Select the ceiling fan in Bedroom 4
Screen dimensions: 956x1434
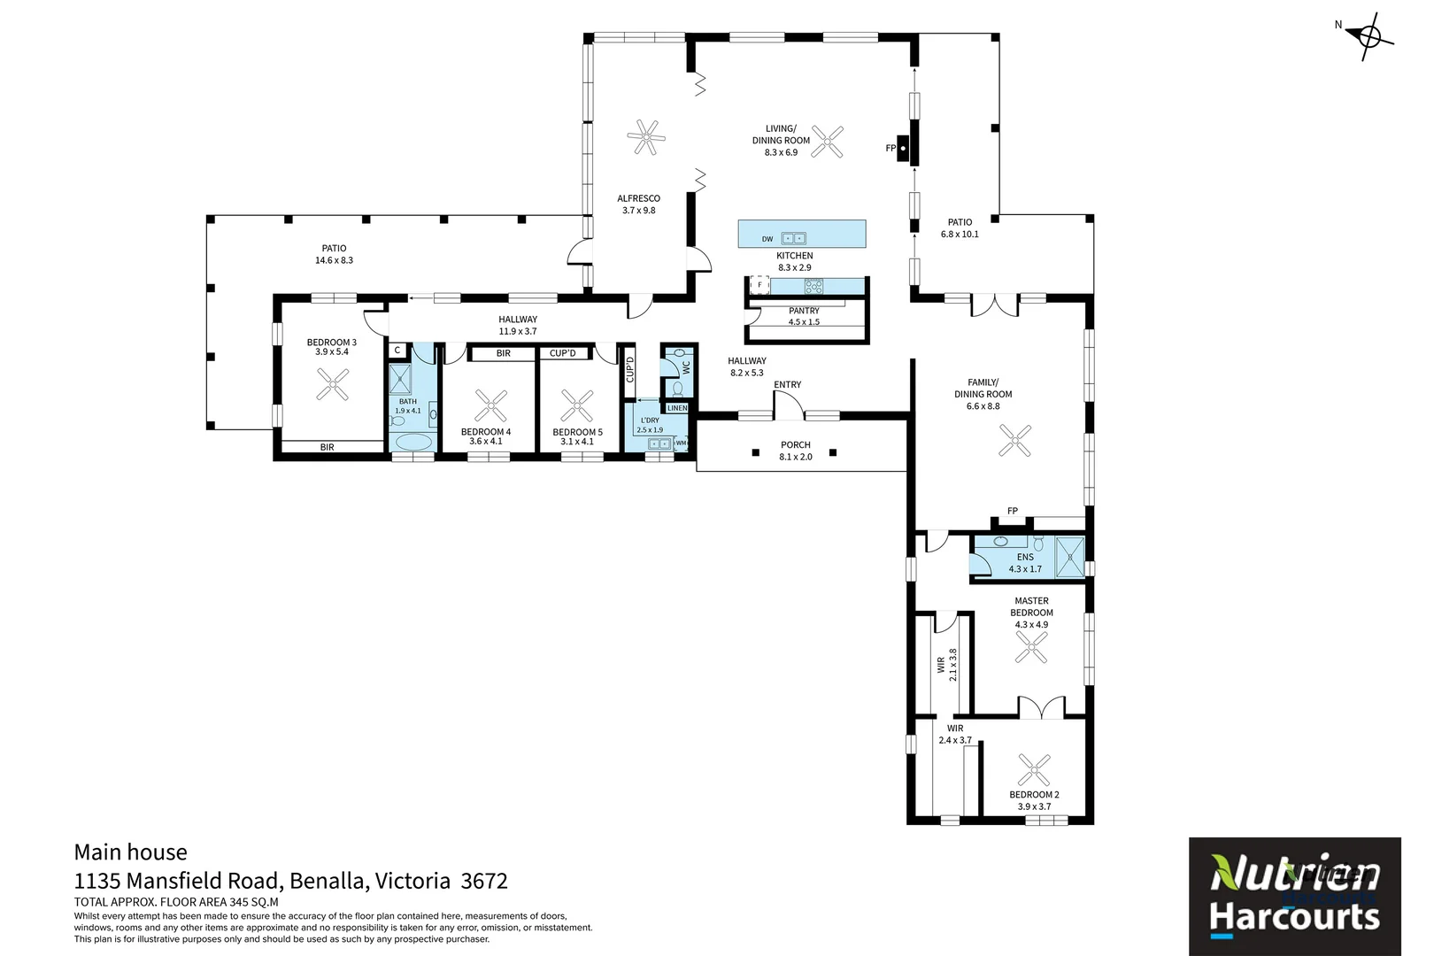coord(490,405)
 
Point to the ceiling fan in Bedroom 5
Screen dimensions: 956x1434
coord(577,405)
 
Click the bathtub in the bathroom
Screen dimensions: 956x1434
coord(413,442)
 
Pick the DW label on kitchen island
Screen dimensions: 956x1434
coord(767,239)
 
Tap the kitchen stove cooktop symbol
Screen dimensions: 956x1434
coord(813,286)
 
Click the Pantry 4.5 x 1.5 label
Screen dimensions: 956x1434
coord(804,316)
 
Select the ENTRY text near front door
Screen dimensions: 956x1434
coord(787,384)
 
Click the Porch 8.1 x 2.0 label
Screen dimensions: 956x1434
coord(795,451)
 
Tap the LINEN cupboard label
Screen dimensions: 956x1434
coord(677,408)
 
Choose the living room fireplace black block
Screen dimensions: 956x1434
coord(904,149)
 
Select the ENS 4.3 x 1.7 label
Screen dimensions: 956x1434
coord(1025,563)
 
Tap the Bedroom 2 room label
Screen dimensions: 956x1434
coord(1034,800)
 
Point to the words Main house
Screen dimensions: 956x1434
coord(130,852)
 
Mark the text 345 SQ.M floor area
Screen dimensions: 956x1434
coord(254,902)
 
